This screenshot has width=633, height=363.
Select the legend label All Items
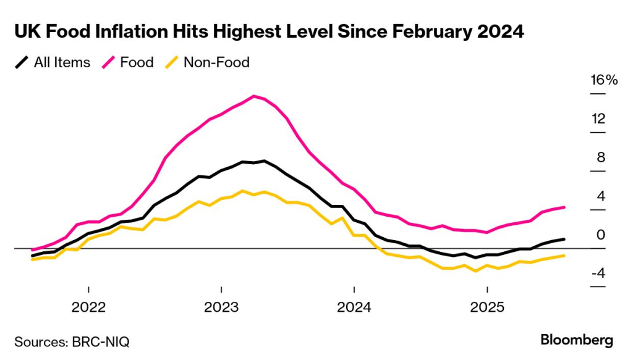click(62, 62)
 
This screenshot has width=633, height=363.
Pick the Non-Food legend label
click(216, 62)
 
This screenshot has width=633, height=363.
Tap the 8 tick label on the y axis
click(600, 157)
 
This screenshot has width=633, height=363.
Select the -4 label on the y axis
click(597, 273)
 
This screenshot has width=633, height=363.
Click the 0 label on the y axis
click(600, 235)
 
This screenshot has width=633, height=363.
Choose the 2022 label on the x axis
click(89, 307)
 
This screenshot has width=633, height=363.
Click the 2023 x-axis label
click(221, 307)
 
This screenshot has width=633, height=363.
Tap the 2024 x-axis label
click(354, 307)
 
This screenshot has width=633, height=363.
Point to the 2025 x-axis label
click(487, 307)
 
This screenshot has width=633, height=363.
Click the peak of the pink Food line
click(254, 96)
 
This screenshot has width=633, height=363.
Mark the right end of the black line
click(564, 239)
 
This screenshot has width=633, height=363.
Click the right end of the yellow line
click(564, 256)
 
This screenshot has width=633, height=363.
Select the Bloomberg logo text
click(576, 340)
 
